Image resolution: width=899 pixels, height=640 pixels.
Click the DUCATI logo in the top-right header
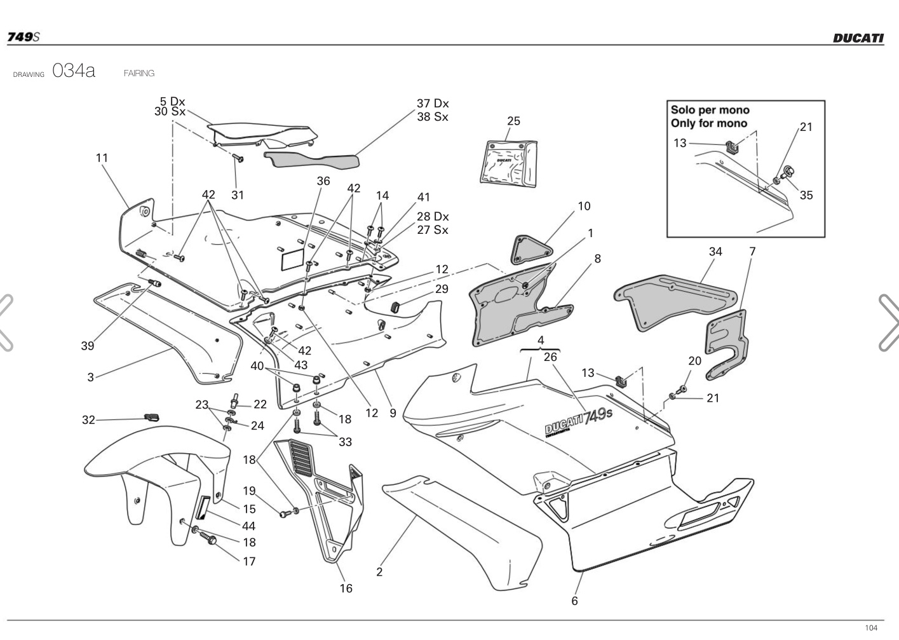coord(858,37)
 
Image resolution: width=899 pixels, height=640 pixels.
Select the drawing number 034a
coord(74,71)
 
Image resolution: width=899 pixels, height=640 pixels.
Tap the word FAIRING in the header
coord(139,73)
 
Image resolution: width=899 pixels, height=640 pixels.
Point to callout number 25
coord(513,121)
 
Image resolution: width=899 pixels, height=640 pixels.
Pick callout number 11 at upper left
coord(102,158)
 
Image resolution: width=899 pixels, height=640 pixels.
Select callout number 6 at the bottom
coord(574,601)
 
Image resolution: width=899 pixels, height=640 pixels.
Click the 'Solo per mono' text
coord(710,110)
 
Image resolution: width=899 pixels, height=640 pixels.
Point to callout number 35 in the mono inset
coord(806,195)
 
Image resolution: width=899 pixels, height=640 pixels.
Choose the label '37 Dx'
coord(433,103)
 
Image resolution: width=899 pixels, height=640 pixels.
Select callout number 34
coord(715,252)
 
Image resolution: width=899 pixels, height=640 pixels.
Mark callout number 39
coord(87,346)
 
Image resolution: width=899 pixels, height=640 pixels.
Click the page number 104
coord(871,628)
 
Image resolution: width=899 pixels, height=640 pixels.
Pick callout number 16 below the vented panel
coord(346,588)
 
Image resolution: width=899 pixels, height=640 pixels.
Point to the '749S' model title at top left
coord(23,37)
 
